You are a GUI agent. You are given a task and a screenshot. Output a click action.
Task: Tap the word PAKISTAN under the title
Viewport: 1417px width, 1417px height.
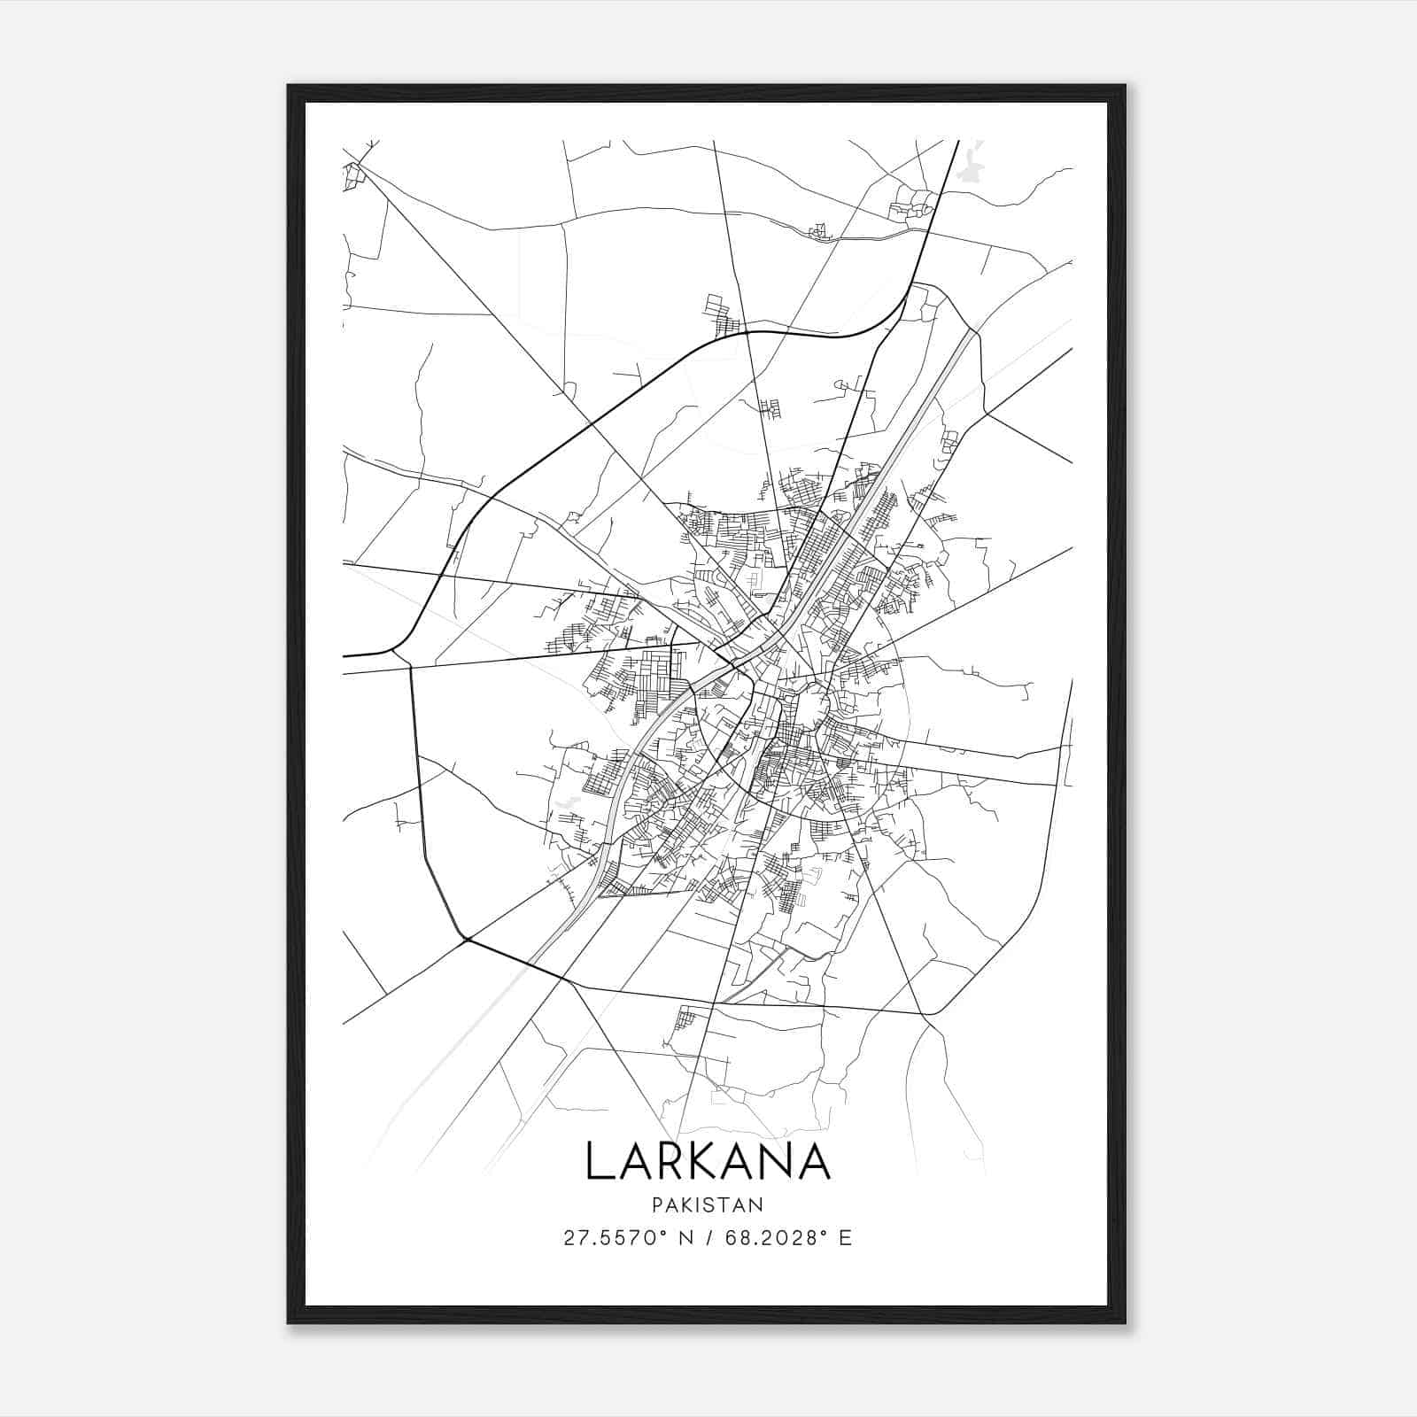pos(707,1204)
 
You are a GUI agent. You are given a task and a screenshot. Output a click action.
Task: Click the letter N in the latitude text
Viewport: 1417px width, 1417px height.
pos(685,1238)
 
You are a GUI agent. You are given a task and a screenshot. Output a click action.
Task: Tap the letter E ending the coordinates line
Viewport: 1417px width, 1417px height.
pos(845,1238)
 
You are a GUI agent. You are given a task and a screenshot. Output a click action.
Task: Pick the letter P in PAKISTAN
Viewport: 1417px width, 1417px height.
pos(656,1204)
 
